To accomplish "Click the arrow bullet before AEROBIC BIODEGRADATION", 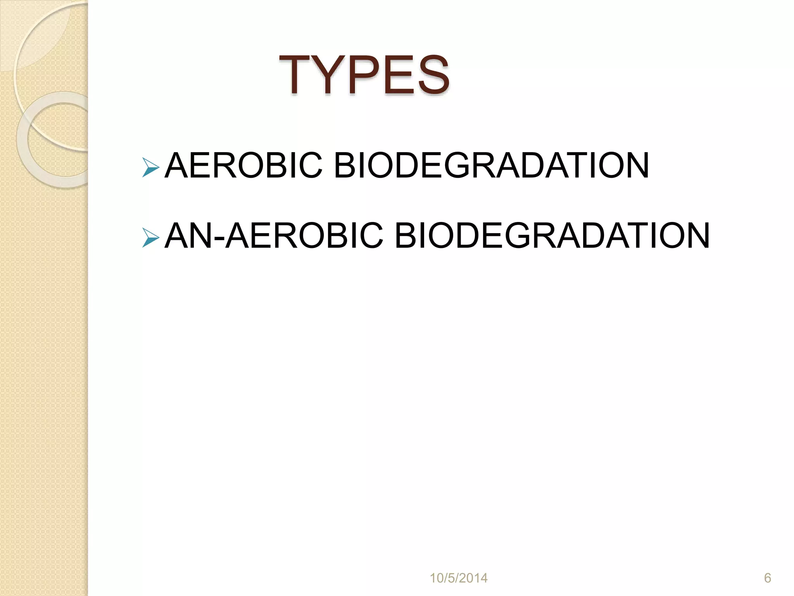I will click(x=150, y=167).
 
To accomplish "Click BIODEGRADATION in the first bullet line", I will click(x=491, y=166).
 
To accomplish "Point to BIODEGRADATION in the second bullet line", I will click(x=552, y=236).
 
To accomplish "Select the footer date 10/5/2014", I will click(x=459, y=578).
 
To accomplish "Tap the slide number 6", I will click(x=767, y=578).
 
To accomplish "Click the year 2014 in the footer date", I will click(x=473, y=578).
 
